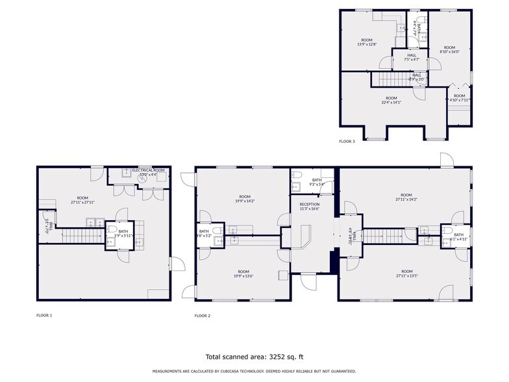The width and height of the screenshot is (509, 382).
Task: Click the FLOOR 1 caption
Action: pos(44,316)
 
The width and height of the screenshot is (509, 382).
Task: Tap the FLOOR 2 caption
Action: pos(203,316)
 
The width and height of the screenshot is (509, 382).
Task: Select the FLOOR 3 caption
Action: pos(347,141)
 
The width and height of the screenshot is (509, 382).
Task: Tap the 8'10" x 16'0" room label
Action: pos(450,49)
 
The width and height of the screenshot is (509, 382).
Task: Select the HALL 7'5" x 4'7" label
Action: pos(412,57)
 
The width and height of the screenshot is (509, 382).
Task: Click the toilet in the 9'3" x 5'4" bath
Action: pos(297,175)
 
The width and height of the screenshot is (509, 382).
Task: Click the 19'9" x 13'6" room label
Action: pos(243,274)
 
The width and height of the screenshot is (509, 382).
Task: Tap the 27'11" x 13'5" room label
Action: pos(406,274)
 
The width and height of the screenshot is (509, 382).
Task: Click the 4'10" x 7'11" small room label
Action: pos(460,97)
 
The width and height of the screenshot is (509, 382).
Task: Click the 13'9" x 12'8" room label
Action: pos(367,42)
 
